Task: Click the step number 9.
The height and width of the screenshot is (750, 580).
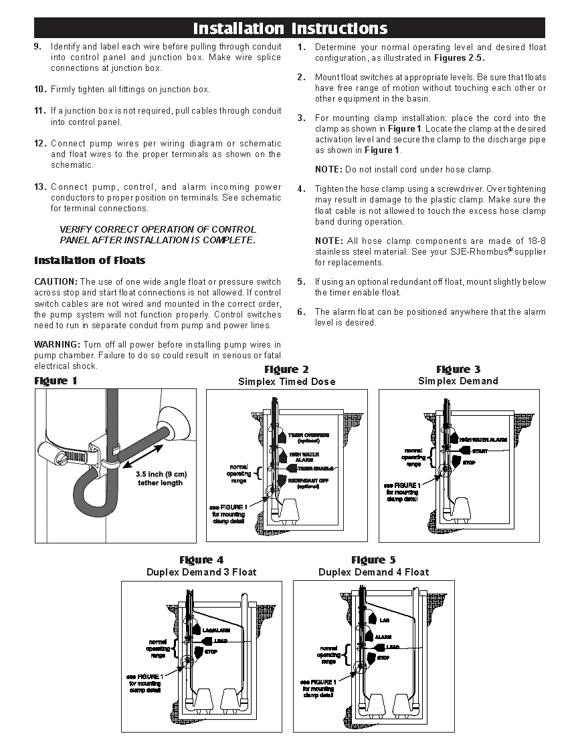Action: point(37,47)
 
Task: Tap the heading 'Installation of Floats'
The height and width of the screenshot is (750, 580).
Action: point(90,261)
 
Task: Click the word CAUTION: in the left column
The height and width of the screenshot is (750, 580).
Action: point(56,282)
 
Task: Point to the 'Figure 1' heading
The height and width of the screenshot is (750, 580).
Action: point(56,381)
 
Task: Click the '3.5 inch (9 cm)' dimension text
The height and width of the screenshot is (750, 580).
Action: point(161,474)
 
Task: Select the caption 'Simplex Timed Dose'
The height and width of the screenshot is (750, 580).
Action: point(286,382)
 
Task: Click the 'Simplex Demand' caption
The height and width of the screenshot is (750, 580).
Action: point(458,381)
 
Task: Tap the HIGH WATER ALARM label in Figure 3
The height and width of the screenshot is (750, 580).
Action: point(483,440)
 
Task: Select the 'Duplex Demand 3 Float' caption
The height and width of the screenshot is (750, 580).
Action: point(201,572)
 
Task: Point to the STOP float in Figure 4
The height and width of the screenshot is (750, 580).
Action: point(201,651)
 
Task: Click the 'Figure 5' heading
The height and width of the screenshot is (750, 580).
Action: point(373,560)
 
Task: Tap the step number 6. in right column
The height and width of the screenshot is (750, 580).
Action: point(302,312)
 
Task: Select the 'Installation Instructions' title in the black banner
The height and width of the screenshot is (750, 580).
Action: point(290,28)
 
